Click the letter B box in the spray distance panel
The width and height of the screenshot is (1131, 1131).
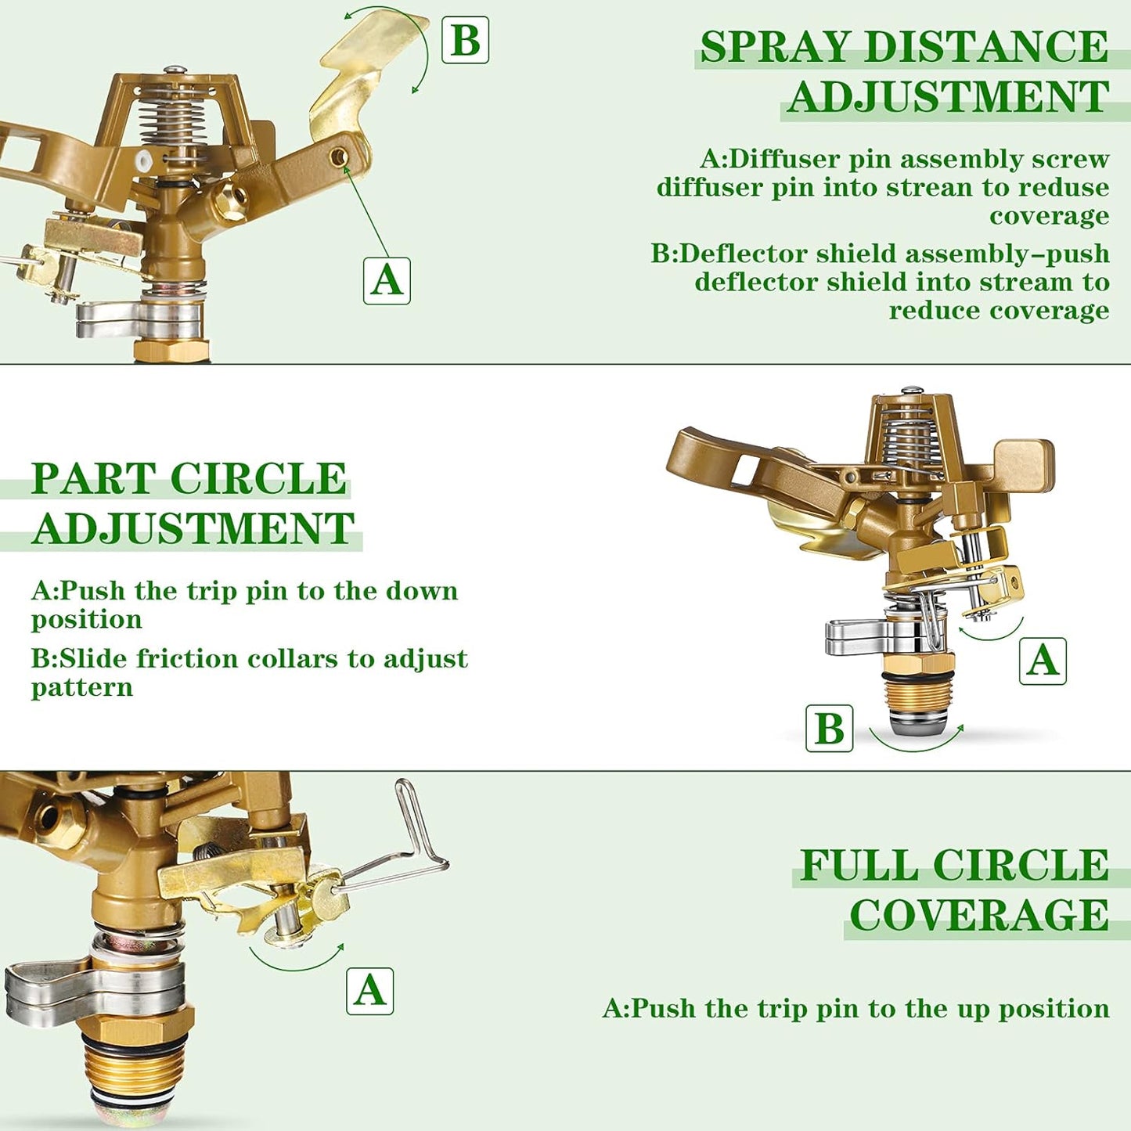click(x=465, y=40)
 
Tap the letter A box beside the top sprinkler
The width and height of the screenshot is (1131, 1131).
click(x=387, y=280)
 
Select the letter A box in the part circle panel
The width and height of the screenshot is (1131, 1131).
click(x=1043, y=661)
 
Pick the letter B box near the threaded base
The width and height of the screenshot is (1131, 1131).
click(x=830, y=728)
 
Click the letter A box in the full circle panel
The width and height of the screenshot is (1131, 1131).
click(x=369, y=991)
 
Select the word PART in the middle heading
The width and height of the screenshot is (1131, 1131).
click(x=93, y=478)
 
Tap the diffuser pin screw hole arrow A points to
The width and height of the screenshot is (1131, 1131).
click(x=339, y=157)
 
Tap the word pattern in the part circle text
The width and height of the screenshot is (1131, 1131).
click(x=82, y=687)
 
